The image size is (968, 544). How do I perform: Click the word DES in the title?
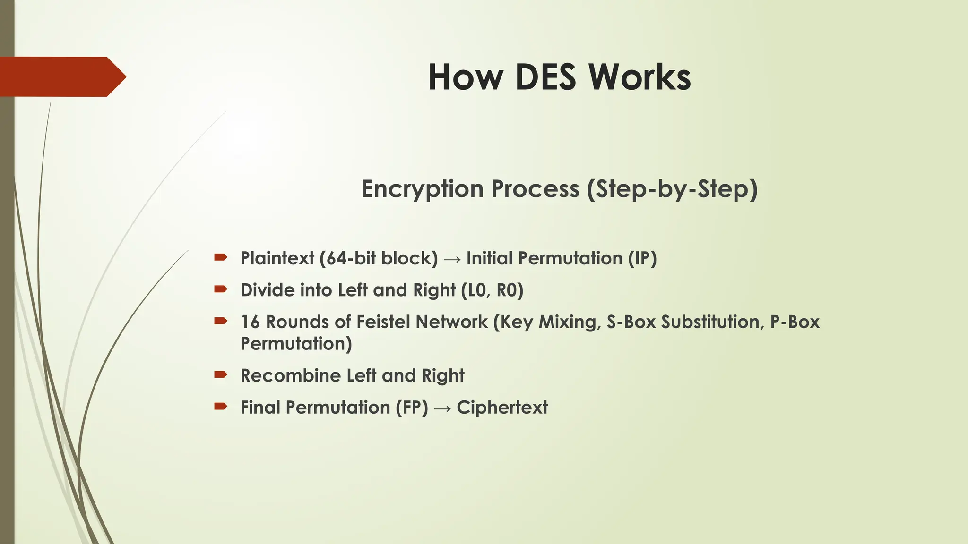[546, 77]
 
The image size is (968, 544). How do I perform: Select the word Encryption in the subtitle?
[423, 189]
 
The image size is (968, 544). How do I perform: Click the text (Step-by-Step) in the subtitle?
[672, 189]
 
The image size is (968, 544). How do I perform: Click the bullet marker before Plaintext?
[221, 257]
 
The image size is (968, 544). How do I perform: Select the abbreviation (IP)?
[642, 258]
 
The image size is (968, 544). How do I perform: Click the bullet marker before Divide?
[221, 289]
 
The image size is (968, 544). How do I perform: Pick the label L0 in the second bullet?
[477, 290]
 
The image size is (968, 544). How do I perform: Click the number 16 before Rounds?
[251, 322]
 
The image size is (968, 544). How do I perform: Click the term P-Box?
[795, 322]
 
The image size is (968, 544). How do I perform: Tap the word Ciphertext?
[502, 408]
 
